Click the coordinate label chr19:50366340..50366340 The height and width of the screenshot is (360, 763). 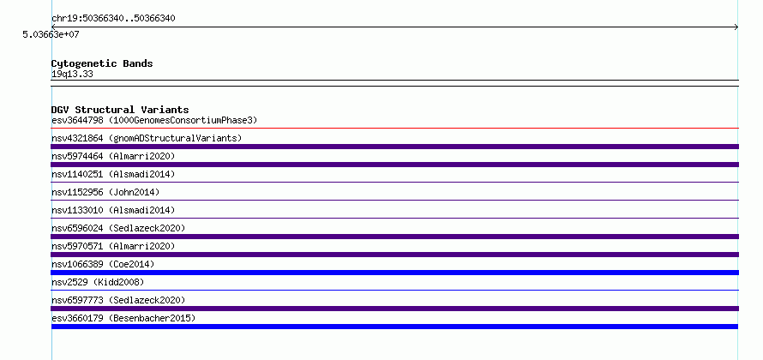(113, 19)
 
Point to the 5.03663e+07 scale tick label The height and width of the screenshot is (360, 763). (51, 35)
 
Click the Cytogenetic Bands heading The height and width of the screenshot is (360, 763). (102, 63)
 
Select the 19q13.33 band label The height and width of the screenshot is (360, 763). (72, 75)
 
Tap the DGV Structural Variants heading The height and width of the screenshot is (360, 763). (120, 110)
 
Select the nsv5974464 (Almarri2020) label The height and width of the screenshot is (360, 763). (113, 156)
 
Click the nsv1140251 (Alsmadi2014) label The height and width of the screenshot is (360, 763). (113, 174)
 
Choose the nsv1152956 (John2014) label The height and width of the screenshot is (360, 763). (105, 192)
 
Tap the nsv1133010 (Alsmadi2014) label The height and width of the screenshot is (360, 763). (113, 210)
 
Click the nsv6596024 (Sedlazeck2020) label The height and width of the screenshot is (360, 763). (118, 228)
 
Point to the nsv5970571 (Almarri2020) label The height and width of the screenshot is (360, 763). (113, 246)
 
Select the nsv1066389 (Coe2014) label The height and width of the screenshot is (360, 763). (103, 264)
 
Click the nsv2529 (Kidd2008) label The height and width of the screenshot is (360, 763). (98, 282)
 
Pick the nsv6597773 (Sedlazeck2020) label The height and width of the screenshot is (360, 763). (118, 300)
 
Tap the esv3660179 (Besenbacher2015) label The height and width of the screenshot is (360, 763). (123, 318)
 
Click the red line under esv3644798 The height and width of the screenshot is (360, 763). (394, 129)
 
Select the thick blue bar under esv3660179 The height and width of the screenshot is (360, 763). (394, 327)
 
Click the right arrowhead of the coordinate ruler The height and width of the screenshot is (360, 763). (736, 27)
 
